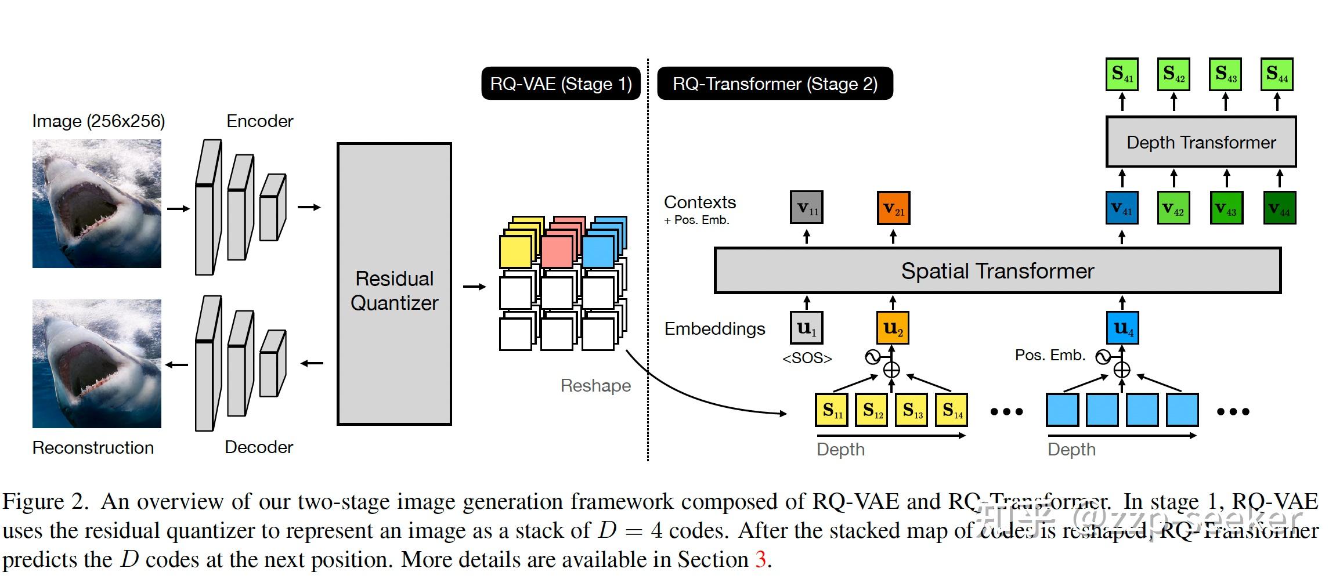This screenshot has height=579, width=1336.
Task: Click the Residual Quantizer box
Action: pyautogui.click(x=394, y=284)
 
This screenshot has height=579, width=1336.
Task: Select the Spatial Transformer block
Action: pyautogui.click(x=997, y=271)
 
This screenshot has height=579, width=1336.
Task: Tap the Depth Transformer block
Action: pyautogui.click(x=1200, y=142)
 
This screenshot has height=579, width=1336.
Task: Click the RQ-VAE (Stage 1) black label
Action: pyautogui.click(x=561, y=84)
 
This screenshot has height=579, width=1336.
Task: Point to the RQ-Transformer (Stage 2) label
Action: pyautogui.click(x=775, y=84)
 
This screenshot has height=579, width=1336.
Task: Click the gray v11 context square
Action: pyautogui.click(x=807, y=208)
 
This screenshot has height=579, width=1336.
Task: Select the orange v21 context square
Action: pyautogui.click(x=893, y=208)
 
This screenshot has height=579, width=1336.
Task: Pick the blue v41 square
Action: pyautogui.click(x=1121, y=208)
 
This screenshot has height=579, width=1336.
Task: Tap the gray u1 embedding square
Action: pyautogui.click(x=807, y=328)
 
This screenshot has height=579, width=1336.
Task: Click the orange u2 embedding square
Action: pyautogui.click(x=893, y=328)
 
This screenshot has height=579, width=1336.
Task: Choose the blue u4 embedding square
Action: pyautogui.click(x=1122, y=328)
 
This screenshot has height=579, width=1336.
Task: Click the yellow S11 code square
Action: pyautogui.click(x=832, y=410)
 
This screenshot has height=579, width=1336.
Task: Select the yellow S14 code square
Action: pyautogui.click(x=952, y=410)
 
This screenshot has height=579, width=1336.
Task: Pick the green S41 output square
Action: pyautogui.click(x=1121, y=74)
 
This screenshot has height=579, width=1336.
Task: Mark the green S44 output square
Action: pyautogui.click(x=1277, y=74)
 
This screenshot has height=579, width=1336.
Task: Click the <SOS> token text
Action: pyautogui.click(x=807, y=358)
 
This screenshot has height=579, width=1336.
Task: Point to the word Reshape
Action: pyautogui.click(x=595, y=386)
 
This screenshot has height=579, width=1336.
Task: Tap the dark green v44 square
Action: pyautogui.click(x=1280, y=208)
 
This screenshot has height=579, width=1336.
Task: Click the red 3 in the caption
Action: pyautogui.click(x=760, y=560)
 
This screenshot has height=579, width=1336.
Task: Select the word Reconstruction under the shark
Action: pyautogui.click(x=93, y=448)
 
